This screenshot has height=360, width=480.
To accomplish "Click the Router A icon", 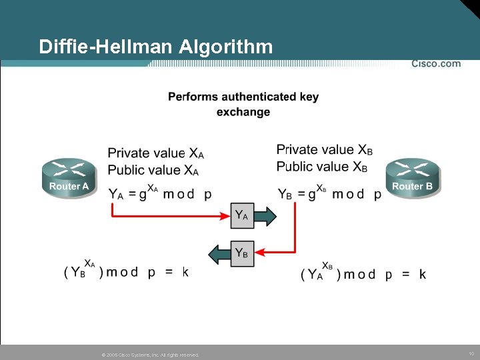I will [x=69, y=177].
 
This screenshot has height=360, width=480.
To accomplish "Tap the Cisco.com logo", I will [x=435, y=63].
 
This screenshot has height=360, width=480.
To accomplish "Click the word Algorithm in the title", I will [x=226, y=47].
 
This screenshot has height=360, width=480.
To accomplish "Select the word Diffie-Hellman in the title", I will [x=106, y=47].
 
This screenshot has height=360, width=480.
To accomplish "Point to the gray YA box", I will [x=243, y=215].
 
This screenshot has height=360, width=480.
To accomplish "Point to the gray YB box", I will [x=243, y=253].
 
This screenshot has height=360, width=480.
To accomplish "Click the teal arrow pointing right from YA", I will [x=266, y=215].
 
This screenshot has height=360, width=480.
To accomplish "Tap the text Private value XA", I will [x=156, y=153].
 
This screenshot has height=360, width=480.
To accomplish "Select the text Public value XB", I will [x=322, y=167].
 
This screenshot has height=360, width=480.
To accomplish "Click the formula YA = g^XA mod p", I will [x=160, y=193].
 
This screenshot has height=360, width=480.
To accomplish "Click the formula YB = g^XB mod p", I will [x=329, y=193].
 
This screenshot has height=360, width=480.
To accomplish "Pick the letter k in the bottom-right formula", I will [x=422, y=274].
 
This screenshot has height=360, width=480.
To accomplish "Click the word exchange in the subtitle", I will [x=243, y=112].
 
